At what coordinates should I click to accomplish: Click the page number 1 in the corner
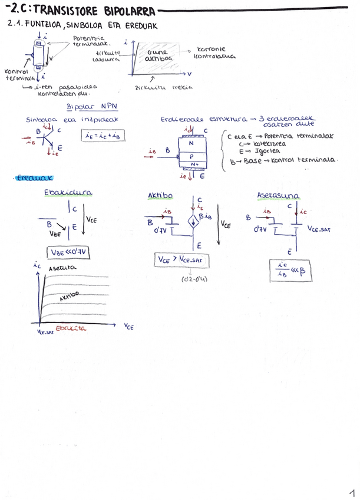tap(351, 491)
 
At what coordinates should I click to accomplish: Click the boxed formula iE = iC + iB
tap(101, 136)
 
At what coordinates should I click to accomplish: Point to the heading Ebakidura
tap(68, 192)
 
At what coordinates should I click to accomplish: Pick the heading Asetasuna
tap(278, 195)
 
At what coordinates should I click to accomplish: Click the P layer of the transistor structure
tap(191, 156)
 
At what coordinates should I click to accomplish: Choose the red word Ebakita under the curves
tap(71, 328)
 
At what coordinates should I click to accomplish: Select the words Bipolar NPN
tap(93, 107)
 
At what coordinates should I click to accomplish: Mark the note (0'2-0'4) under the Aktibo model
tap(193, 279)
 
